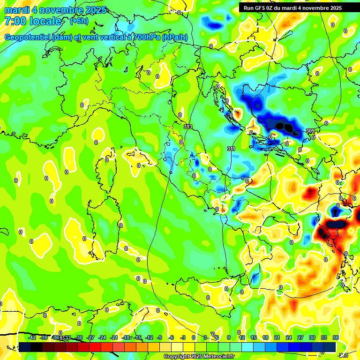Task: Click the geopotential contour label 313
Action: [188, 127]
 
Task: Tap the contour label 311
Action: [231, 149]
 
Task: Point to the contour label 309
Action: [310, 131]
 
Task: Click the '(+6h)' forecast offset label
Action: [79, 21]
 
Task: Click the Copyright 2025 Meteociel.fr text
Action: [199, 357]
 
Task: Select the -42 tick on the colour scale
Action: [32, 337]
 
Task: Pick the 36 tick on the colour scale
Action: [336, 337]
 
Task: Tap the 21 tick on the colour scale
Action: [277, 337]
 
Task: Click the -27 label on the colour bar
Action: [91, 337]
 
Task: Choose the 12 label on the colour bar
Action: [241, 337]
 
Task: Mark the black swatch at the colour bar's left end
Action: [24, 347]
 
